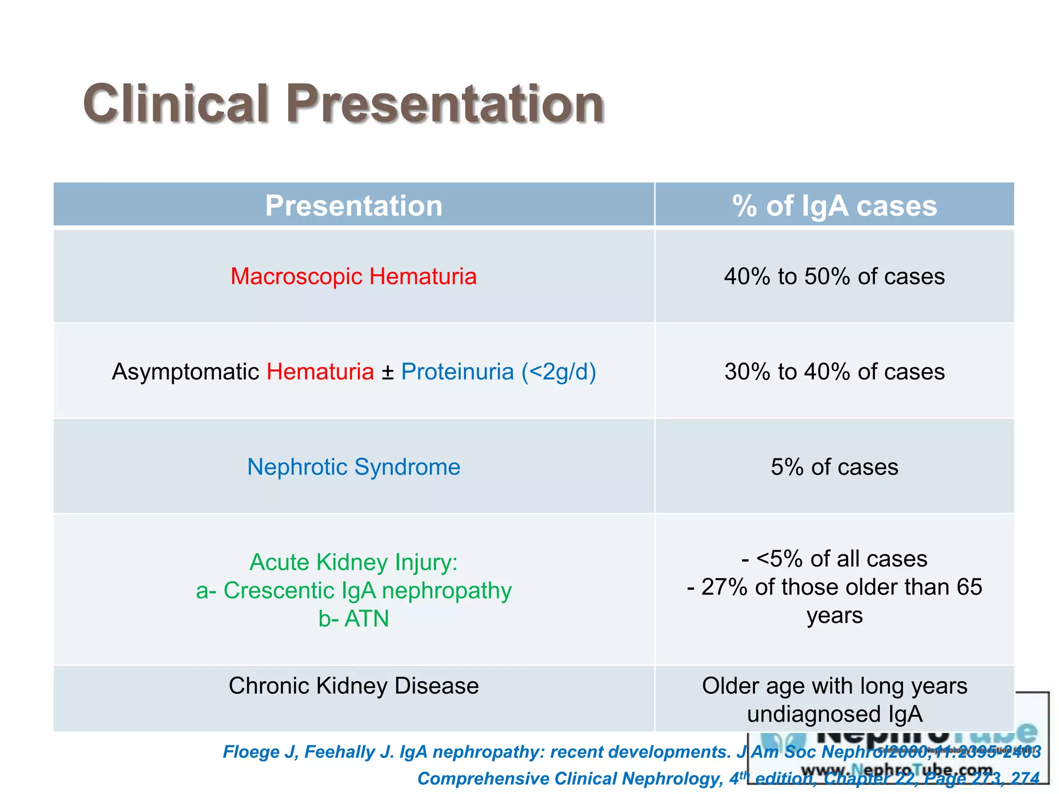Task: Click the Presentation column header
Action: click(x=354, y=206)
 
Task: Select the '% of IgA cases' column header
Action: click(x=834, y=206)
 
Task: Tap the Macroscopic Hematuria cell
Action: click(x=354, y=276)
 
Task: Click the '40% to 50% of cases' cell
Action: click(x=834, y=276)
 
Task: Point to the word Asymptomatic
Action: click(x=185, y=372)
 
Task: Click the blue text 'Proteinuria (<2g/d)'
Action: click(x=498, y=372)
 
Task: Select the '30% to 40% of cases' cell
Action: click(x=834, y=372)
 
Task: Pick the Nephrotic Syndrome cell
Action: click(x=354, y=467)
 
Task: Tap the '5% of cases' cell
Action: click(x=834, y=467)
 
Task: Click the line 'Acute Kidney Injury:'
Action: click(x=354, y=562)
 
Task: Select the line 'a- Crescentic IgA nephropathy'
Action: click(x=354, y=590)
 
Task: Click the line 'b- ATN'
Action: click(x=354, y=619)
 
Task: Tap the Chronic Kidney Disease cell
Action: click(x=354, y=686)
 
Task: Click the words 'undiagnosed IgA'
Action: click(x=834, y=714)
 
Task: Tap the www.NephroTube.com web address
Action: click(x=897, y=770)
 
